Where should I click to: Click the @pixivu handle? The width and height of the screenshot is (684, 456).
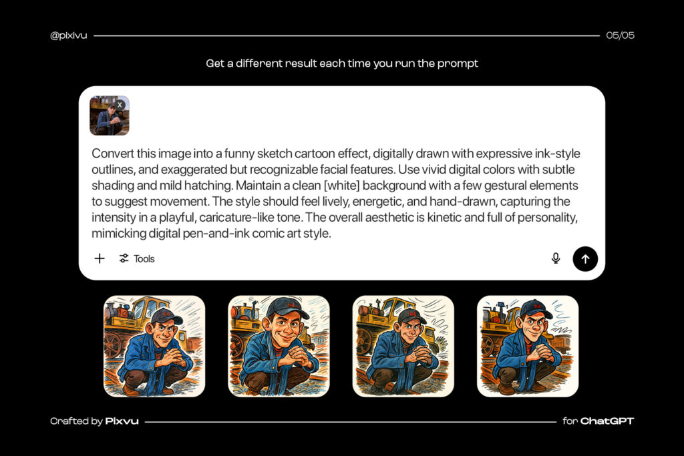click(x=69, y=35)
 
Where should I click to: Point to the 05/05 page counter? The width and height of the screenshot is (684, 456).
click(x=620, y=35)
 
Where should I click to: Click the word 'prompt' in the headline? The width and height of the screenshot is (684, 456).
click(x=458, y=63)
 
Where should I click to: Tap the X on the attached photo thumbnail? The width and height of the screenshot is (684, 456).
click(x=120, y=105)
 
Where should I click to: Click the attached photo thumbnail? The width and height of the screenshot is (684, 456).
click(x=110, y=116)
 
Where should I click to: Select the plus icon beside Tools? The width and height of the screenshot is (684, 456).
click(x=100, y=258)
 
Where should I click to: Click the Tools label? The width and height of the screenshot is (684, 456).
click(x=144, y=259)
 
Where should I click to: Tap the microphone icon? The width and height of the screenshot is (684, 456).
click(x=556, y=258)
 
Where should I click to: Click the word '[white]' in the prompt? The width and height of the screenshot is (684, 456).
click(x=341, y=186)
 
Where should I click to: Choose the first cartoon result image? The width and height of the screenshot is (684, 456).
click(x=154, y=346)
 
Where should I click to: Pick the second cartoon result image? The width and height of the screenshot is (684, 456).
click(x=279, y=346)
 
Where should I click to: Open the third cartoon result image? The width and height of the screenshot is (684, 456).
click(x=403, y=346)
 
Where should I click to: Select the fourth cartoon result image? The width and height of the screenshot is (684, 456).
click(x=528, y=346)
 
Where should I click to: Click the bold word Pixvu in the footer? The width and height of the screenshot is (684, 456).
click(x=122, y=421)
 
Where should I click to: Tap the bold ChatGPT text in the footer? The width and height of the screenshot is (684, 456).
click(x=607, y=421)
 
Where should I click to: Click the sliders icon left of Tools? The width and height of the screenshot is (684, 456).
click(x=124, y=258)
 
